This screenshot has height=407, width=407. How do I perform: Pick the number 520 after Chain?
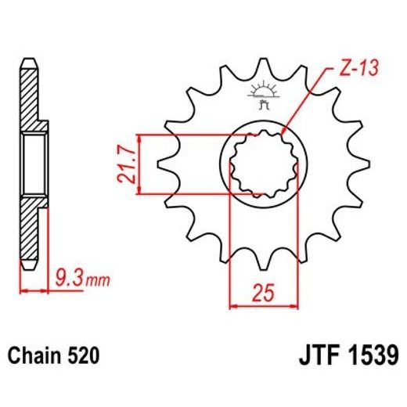click(82, 355)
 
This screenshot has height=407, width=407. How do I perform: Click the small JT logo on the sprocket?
click(261, 94)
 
